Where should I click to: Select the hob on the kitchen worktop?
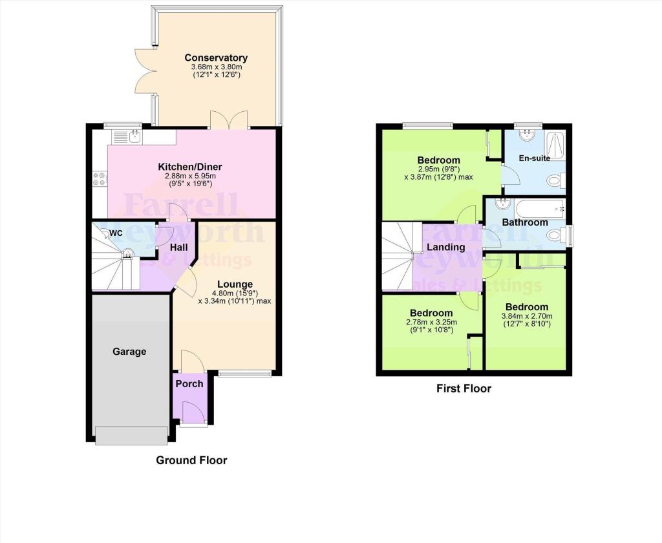tap(100, 178)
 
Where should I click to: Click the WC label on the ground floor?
tap(116, 233)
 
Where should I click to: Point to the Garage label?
tap(129, 352)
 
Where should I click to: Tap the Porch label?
tap(189, 383)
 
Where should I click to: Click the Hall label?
tap(178, 247)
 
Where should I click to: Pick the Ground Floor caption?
tap(191, 460)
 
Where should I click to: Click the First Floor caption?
tap(464, 389)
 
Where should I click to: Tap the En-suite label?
tap(534, 158)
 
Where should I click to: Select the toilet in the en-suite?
tap(555, 181)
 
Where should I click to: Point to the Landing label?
tap(446, 247)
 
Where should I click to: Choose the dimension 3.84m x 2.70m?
tap(526, 316)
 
